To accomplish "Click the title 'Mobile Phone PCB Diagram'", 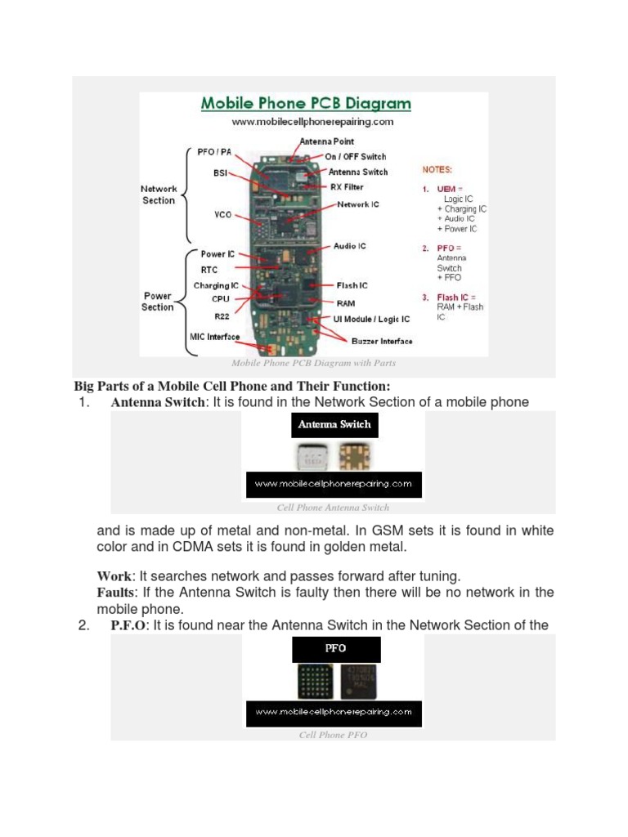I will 306,104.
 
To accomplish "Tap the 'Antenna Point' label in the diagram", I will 327,141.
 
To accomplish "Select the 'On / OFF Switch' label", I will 356,156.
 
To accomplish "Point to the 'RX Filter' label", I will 348,187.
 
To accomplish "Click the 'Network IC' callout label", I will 358,204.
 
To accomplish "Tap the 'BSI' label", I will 221,173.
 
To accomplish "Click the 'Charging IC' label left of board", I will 216,286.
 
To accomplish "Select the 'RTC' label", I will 209,269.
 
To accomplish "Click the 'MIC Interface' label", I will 209,336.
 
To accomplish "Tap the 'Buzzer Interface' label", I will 382,341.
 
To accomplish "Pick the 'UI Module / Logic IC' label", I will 373,319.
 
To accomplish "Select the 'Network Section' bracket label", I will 159,195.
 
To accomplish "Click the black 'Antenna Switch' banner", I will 334,425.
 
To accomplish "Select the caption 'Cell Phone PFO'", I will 333,735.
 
